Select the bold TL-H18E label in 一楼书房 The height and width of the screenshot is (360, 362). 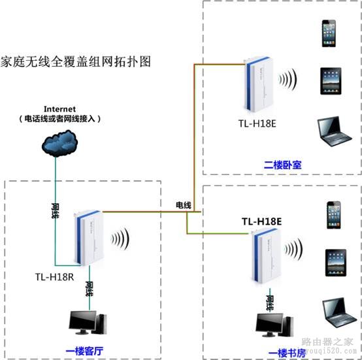[261, 221]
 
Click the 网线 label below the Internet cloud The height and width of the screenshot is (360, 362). [55, 210]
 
